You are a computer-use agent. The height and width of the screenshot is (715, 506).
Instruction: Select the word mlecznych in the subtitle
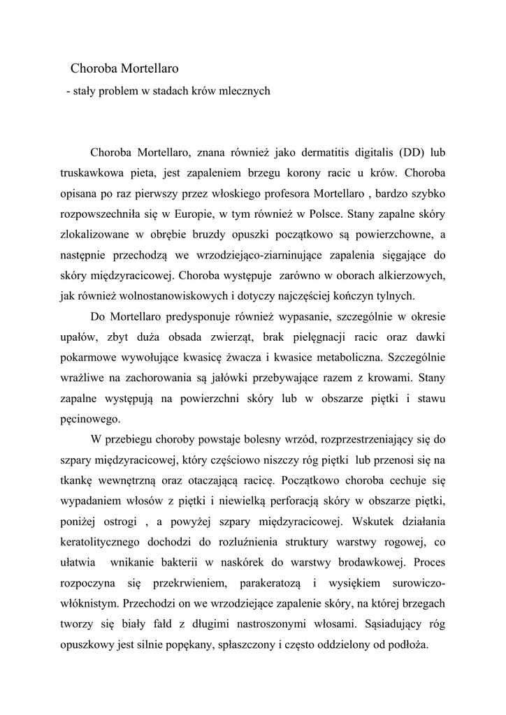click(x=243, y=91)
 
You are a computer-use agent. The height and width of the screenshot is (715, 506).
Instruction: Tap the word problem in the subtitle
click(x=120, y=91)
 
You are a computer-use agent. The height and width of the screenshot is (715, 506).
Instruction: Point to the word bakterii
click(x=219, y=562)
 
